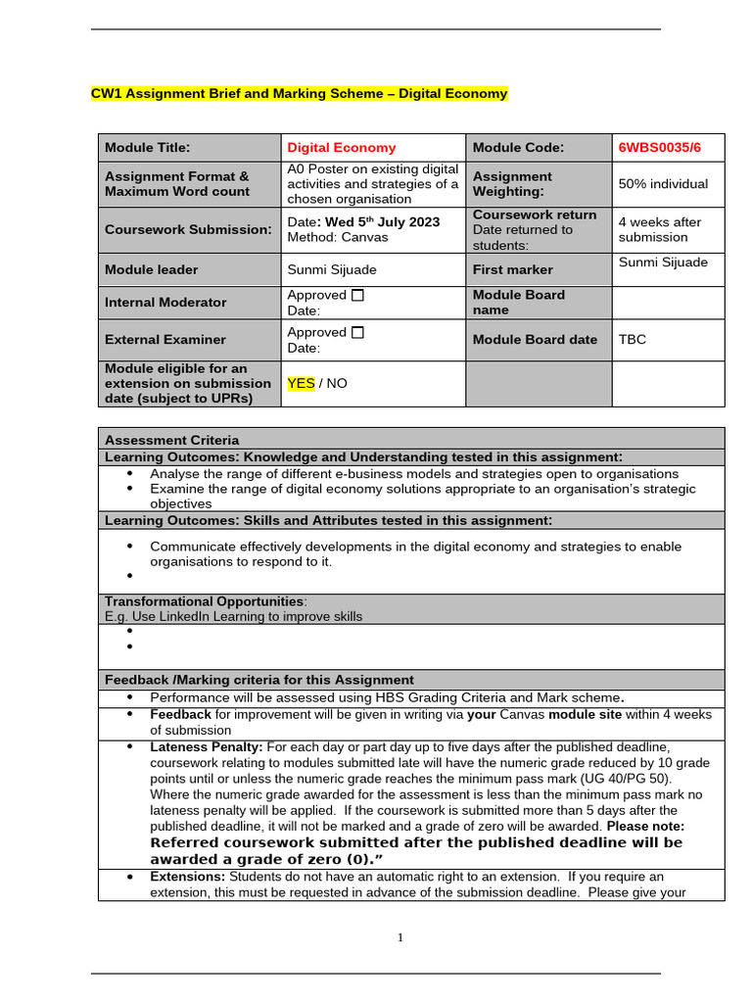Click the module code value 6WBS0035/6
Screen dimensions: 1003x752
pyautogui.click(x=659, y=148)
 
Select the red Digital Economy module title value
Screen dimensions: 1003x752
pyautogui.click(x=342, y=148)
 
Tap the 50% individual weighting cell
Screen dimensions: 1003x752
pyautogui.click(x=663, y=184)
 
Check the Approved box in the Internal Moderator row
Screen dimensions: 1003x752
pyautogui.click(x=357, y=295)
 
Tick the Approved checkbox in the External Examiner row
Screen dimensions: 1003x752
pyautogui.click(x=357, y=332)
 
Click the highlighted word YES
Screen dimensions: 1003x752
pyautogui.click(x=301, y=383)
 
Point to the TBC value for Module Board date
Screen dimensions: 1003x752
pyautogui.click(x=632, y=340)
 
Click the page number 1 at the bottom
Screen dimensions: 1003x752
pyautogui.click(x=399, y=937)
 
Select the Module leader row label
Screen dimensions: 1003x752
pyautogui.click(x=151, y=269)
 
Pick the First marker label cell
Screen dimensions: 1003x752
pyautogui.click(x=512, y=269)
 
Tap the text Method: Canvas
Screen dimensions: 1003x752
pyautogui.click(x=337, y=237)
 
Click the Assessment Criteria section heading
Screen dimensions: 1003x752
pyautogui.click(x=171, y=440)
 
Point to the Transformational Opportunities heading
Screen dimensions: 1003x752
pyautogui.click(x=204, y=601)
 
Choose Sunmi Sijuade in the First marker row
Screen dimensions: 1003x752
pyautogui.click(x=663, y=262)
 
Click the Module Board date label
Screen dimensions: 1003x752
pyautogui.click(x=535, y=340)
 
